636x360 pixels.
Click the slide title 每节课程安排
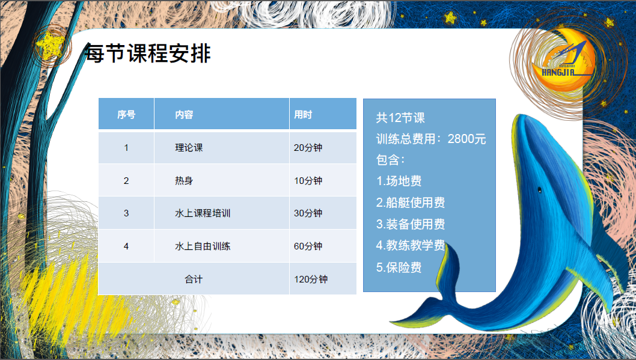click(148, 53)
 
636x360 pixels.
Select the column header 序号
click(126, 115)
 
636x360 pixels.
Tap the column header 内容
click(184, 115)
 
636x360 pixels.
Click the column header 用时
click(303, 115)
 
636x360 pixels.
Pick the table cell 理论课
click(189, 148)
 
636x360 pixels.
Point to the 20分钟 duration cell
click(308, 148)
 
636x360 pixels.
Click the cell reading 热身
click(184, 180)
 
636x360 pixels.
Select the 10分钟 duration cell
click(308, 180)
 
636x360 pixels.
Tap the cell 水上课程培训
click(203, 213)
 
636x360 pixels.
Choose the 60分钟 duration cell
click(308, 246)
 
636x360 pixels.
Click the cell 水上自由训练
click(203, 246)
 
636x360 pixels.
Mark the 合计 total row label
click(194, 279)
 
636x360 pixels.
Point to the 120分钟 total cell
click(311, 279)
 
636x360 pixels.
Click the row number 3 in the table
click(126, 213)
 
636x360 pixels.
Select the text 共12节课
click(400, 118)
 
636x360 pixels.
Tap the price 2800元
click(466, 139)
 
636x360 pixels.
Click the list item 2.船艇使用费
click(411, 203)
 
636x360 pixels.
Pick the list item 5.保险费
click(399, 267)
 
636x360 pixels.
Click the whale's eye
click(539, 190)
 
